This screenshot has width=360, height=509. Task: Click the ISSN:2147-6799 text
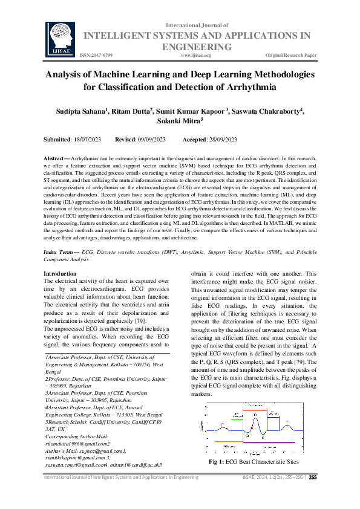click(96, 55)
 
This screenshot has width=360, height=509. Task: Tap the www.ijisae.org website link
click(195, 55)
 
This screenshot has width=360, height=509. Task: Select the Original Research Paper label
click(291, 55)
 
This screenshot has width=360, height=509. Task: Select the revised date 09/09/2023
click(152, 140)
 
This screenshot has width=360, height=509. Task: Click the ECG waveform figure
click(253, 426)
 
